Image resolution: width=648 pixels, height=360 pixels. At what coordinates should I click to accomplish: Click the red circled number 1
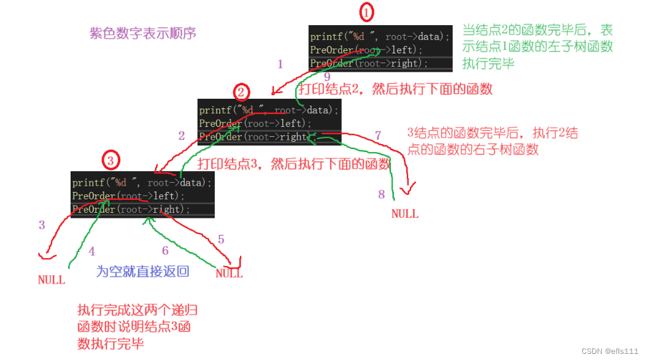366,12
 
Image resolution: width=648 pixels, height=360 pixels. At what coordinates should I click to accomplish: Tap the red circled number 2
242,93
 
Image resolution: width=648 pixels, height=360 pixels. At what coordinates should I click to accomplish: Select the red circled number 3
110,161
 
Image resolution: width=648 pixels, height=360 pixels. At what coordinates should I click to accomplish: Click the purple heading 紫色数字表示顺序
142,33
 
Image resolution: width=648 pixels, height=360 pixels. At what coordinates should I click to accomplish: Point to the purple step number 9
327,77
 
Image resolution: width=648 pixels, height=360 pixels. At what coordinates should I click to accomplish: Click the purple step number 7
378,135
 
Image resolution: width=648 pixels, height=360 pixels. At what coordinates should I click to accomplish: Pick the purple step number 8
381,194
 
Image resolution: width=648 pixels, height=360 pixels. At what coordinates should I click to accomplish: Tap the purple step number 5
222,239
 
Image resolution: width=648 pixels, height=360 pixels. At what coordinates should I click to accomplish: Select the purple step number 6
164,250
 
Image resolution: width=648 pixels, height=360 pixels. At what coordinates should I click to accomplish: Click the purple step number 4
92,251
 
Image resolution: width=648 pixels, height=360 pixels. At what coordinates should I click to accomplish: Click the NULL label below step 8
405,214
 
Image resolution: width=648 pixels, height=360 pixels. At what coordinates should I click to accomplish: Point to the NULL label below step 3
52,280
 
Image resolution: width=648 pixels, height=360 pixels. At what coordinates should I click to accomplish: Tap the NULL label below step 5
229,274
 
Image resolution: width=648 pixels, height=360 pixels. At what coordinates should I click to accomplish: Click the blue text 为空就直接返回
142,272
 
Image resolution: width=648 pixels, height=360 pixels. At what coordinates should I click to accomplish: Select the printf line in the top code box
379,37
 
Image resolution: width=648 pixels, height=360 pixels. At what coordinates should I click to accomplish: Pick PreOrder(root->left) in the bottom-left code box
128,196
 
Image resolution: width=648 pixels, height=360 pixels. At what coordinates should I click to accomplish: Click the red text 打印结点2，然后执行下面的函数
396,90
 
